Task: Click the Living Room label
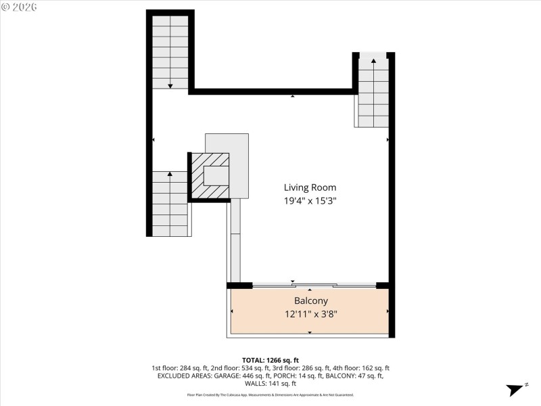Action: pyautogui.click(x=310, y=187)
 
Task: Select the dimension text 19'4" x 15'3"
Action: pyautogui.click(x=310, y=200)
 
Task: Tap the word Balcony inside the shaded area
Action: pyautogui.click(x=310, y=300)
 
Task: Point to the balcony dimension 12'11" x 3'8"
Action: pyautogui.click(x=310, y=313)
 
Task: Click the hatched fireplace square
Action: pyautogui.click(x=210, y=176)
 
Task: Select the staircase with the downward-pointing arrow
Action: pyautogui.click(x=170, y=52)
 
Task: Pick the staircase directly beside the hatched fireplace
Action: pyautogui.click(x=170, y=203)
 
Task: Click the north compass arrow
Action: pyautogui.click(x=517, y=388)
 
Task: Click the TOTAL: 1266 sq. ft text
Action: pyautogui.click(x=270, y=359)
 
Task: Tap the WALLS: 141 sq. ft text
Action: pyautogui.click(x=270, y=383)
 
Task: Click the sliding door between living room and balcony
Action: pyautogui.click(x=314, y=286)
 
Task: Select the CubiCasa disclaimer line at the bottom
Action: pyautogui.click(x=270, y=394)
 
